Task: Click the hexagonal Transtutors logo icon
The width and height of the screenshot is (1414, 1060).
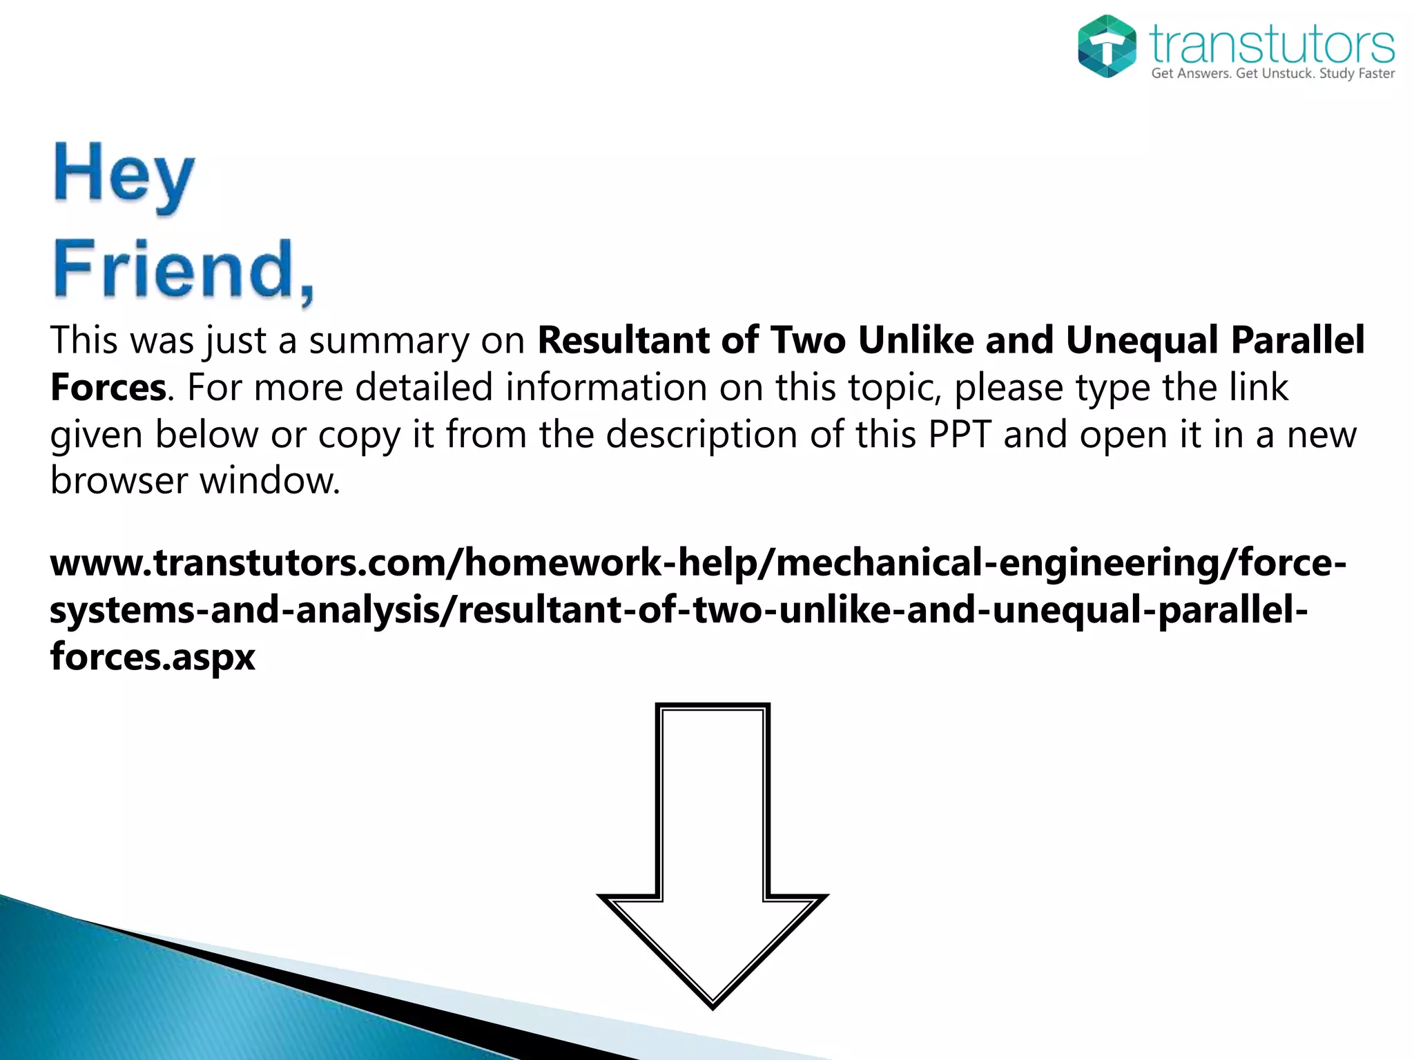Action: pyautogui.click(x=1107, y=46)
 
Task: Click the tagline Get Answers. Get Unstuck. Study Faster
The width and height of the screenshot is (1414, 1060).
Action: pyautogui.click(x=1272, y=74)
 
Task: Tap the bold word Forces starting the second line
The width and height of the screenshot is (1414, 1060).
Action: pyautogui.click(x=108, y=387)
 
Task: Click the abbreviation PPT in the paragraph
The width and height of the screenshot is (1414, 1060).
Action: pyautogui.click(x=960, y=435)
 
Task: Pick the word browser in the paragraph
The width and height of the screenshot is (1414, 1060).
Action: pyautogui.click(x=119, y=480)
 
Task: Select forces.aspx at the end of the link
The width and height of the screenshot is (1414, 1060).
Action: pyautogui.click(x=153, y=656)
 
